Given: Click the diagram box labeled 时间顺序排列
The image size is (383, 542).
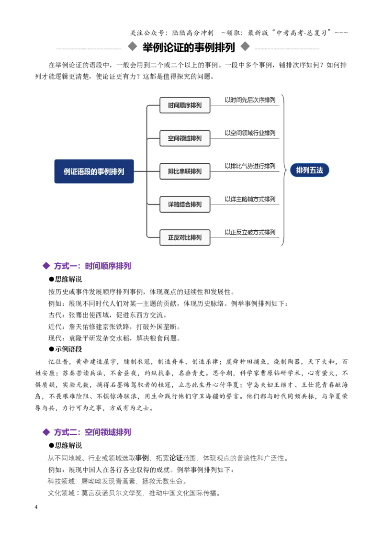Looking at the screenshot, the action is click(x=185, y=105).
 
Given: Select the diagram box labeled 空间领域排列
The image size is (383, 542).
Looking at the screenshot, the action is click(x=185, y=138).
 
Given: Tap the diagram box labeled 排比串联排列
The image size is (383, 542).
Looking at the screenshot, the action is click(x=185, y=171).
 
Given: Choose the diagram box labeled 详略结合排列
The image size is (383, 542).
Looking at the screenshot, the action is click(x=185, y=204).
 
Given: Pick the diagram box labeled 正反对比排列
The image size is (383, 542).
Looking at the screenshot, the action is click(x=185, y=237).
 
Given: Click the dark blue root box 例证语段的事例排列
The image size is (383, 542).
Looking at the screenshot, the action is click(x=94, y=171).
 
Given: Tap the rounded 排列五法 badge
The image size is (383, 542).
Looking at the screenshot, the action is click(x=309, y=170).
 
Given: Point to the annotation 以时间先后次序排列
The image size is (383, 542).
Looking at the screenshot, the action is click(x=250, y=100).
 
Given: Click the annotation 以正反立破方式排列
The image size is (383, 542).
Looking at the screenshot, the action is click(x=250, y=232).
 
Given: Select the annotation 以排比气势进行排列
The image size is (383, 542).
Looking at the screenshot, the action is click(x=250, y=166).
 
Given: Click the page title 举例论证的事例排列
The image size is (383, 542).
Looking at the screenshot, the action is click(x=189, y=47).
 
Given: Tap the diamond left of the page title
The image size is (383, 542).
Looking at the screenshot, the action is click(x=133, y=46).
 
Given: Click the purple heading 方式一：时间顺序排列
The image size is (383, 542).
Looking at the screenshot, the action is click(x=92, y=266).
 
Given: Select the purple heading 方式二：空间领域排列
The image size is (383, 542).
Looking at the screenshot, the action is click(x=92, y=432).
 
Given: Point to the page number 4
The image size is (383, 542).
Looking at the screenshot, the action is click(x=36, y=507).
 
